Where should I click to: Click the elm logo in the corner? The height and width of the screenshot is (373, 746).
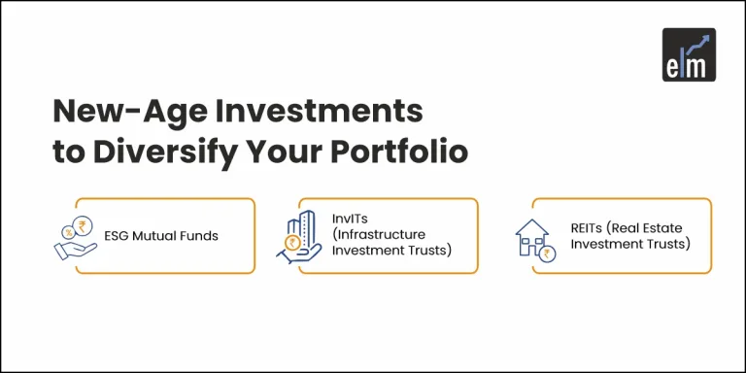pos(689,55)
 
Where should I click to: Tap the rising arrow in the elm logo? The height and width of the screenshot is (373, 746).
pos(698,44)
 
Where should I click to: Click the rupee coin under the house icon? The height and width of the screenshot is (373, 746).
pos(549,254)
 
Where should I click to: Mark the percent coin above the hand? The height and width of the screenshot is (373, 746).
pos(66,232)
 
